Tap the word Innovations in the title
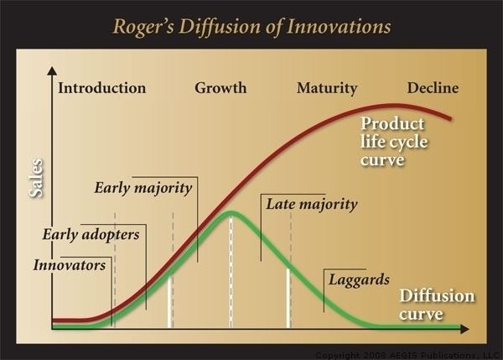pyautogui.click(x=339, y=26)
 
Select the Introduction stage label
pyautogui.click(x=102, y=88)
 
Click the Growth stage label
pyautogui.click(x=220, y=88)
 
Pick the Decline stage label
pyautogui.click(x=433, y=88)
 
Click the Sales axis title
pyautogui.click(x=35, y=178)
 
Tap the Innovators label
pyautogui.click(x=70, y=265)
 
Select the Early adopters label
pyautogui.click(x=91, y=235)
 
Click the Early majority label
pyautogui.click(x=143, y=188)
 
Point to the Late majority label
pyautogui.click(x=312, y=204)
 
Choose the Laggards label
pyautogui.click(x=360, y=280)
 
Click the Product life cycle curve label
pyautogui.click(x=394, y=142)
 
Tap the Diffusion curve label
pyautogui.click(x=437, y=305)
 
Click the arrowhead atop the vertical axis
pyautogui.click(x=52, y=70)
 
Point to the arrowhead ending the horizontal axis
pyautogui.click(x=464, y=329)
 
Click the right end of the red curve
pyautogui.click(x=450, y=118)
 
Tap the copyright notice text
pyautogui.click(x=409, y=356)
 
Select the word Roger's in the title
pyautogui.click(x=143, y=27)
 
